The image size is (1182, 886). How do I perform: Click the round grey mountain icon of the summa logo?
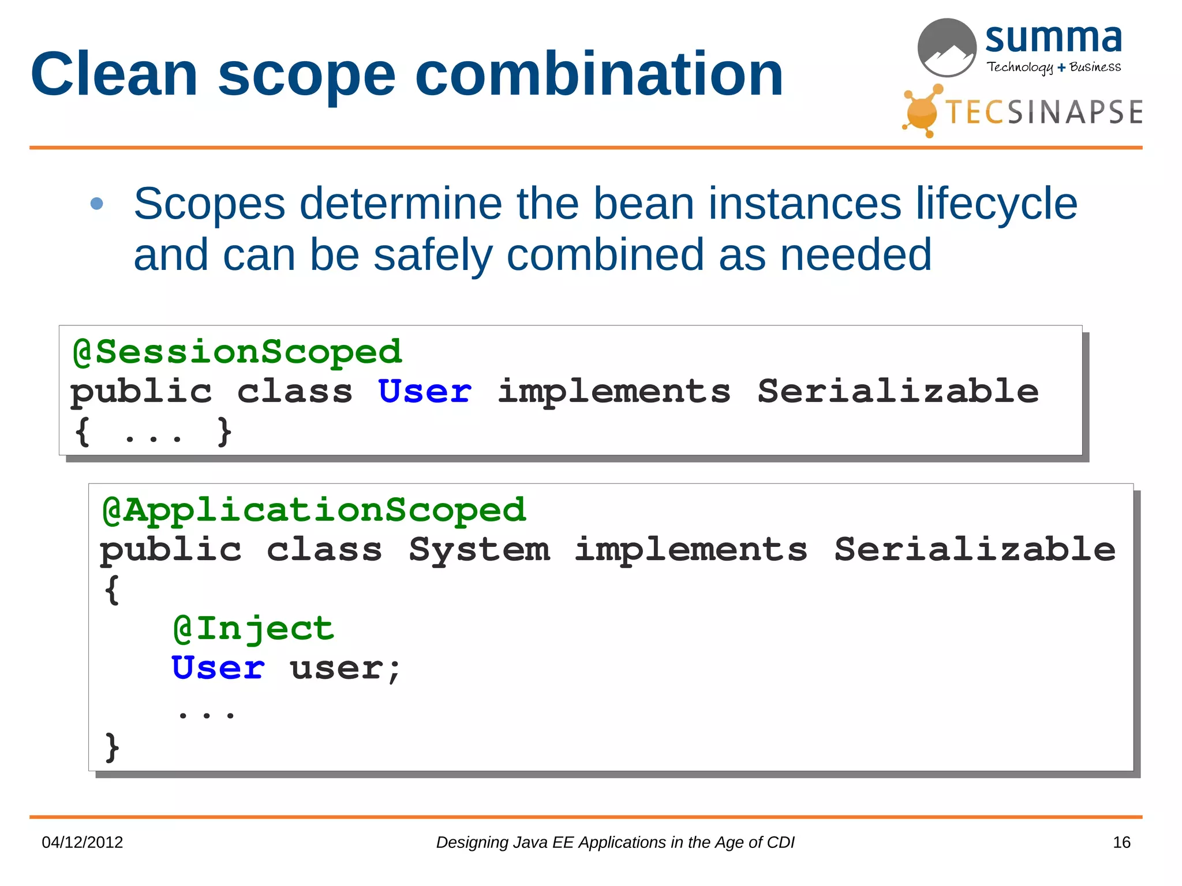947,48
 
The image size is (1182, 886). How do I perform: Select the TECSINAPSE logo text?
1043,112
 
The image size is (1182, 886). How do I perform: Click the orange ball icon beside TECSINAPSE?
922,112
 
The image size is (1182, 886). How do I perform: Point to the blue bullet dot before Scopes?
97,204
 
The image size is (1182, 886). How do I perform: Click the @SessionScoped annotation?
237,352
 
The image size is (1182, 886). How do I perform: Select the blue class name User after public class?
425,392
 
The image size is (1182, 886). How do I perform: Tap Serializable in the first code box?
897,392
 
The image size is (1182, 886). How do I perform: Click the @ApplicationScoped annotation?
314,510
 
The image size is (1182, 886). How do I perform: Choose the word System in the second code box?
479,549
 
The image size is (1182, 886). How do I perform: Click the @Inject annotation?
253,628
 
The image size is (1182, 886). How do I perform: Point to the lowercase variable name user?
345,669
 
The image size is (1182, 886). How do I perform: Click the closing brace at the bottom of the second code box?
112,748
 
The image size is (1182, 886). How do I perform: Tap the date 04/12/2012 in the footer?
82,842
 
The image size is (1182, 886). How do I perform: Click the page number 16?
1121,842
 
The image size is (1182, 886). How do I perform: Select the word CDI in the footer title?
780,842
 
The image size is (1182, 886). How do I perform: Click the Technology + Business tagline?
1053,67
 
